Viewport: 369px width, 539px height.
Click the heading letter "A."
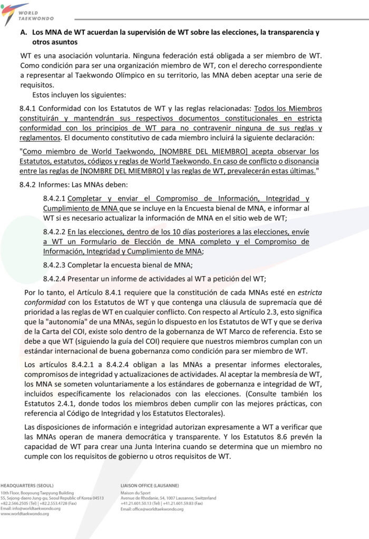click(x=24, y=32)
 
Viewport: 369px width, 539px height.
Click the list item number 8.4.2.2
click(x=54, y=232)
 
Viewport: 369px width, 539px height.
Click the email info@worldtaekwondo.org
click(x=32, y=508)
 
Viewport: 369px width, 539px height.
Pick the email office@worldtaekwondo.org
click(x=152, y=509)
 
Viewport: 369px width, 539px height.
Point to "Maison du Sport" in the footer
click(x=134, y=493)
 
